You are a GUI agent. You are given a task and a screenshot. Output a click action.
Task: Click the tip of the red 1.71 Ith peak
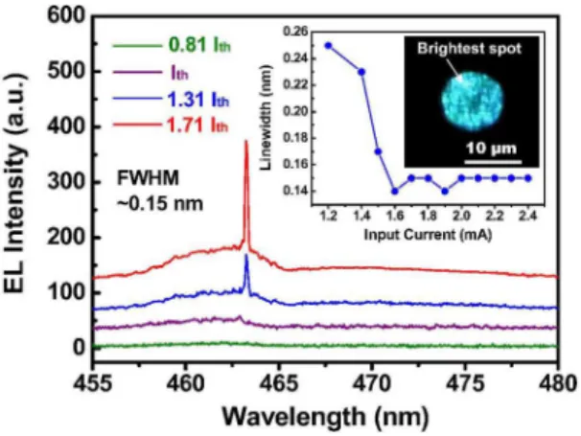tap(245, 141)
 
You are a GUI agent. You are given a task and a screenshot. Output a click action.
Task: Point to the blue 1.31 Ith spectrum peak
tap(246, 255)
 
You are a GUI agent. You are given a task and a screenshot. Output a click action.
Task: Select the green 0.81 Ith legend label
tap(199, 46)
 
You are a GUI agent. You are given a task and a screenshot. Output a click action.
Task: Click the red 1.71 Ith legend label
tap(198, 126)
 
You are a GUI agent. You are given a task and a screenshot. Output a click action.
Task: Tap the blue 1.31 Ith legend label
tap(198, 100)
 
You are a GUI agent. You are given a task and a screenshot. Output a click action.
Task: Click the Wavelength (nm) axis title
tap(326, 417)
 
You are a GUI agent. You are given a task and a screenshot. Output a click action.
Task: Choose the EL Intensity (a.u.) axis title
tap(16, 182)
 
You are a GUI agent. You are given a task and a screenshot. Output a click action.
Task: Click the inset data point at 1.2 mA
tap(328, 46)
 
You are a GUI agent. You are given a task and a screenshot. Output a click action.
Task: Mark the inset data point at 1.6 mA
tap(395, 192)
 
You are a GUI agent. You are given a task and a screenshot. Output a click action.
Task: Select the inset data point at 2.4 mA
tap(528, 178)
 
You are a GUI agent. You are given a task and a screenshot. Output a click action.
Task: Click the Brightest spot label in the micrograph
tap(470, 49)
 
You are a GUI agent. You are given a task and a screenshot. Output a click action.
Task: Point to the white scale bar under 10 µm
tap(493, 162)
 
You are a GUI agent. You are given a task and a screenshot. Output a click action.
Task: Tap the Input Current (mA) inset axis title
tap(428, 235)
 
